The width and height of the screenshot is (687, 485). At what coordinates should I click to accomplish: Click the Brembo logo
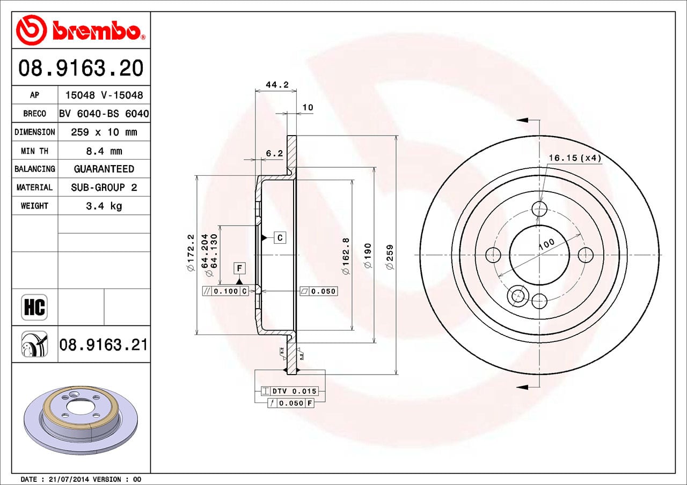pos(81,29)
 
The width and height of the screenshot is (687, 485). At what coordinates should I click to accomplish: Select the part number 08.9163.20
pos(81,68)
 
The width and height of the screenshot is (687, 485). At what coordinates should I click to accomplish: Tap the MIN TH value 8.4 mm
pos(104,151)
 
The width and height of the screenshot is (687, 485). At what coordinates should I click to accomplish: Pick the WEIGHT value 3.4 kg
pos(104,206)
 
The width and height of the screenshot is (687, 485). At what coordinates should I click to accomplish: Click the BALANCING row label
pos(34,169)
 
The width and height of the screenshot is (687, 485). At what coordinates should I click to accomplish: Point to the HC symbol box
pos(34,308)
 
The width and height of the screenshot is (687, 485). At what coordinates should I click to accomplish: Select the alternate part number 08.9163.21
pos(103,345)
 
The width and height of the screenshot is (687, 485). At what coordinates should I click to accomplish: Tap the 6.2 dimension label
pos(274,153)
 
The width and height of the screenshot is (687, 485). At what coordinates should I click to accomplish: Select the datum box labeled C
pos(280,237)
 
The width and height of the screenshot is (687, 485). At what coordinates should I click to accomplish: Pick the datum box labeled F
pos(239,268)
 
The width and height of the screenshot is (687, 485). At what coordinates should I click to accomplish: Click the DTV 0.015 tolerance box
pos(289,391)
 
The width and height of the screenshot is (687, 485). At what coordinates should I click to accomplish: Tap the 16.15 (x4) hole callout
pos(574,158)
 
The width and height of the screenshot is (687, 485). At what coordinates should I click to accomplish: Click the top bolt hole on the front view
pos(539,208)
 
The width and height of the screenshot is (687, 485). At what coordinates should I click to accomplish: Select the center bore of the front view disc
pos(539,255)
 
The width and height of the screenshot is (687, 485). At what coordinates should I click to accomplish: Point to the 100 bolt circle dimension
pos(546,244)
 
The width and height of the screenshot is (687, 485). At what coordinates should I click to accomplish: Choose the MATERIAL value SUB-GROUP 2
pos(104,188)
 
